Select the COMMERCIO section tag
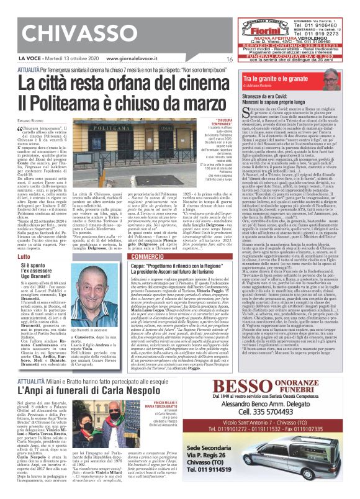[148, 256]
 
